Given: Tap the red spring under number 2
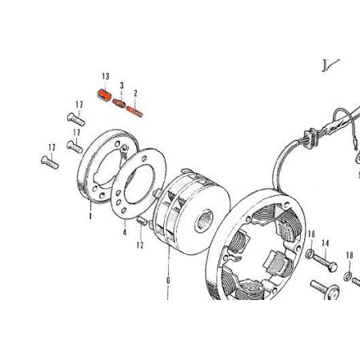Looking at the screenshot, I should pyautogui.click(x=134, y=108).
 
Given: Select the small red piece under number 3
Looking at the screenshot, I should pyautogui.click(x=119, y=103).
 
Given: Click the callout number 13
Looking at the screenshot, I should pyautogui.click(x=105, y=76).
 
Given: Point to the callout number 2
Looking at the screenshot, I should pyautogui.click(x=136, y=94).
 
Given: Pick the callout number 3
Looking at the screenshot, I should pyautogui.click(x=122, y=86).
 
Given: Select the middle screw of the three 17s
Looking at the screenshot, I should pyautogui.click(x=73, y=146).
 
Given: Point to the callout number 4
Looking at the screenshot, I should pyautogui.click(x=125, y=233).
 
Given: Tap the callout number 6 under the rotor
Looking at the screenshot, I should pyautogui.click(x=168, y=281).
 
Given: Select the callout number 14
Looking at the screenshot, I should pyautogui.click(x=326, y=242).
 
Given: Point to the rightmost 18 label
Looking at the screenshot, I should pyautogui.click(x=350, y=254).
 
